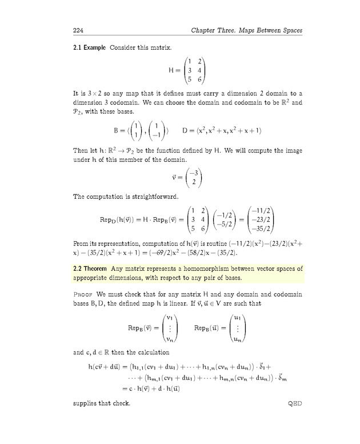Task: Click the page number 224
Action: [78, 30]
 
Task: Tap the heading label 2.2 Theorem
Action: [90, 269]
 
